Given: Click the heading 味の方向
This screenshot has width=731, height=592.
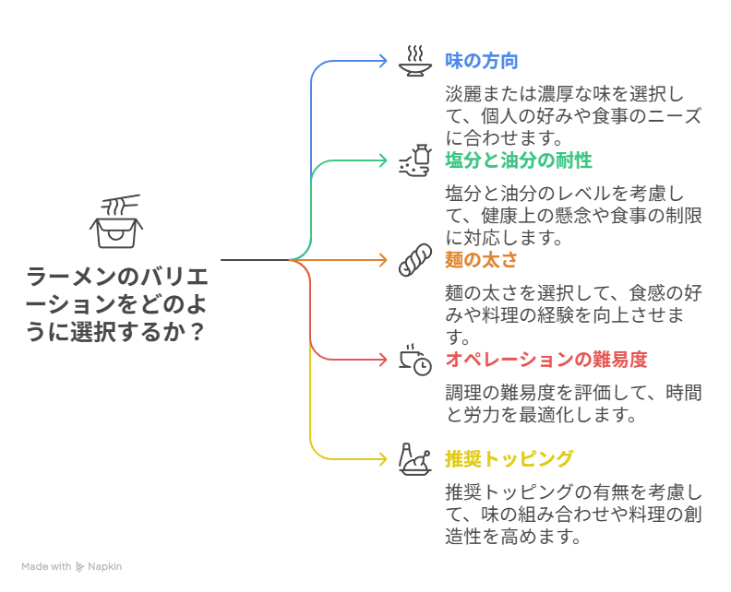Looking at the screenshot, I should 481,61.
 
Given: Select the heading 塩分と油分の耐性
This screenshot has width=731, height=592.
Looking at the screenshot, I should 519,160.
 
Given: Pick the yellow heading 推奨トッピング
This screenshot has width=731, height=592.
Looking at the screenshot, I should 509,459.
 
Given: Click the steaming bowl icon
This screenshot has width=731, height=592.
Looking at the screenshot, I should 415,60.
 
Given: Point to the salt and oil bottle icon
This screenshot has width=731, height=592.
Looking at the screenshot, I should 415,160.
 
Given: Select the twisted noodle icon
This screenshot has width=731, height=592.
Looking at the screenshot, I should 415,260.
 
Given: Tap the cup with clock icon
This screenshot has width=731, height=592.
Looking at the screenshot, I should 415,360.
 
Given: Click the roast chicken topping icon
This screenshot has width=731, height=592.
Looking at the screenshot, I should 415,458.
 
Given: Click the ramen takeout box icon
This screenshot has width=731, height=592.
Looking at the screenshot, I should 116,221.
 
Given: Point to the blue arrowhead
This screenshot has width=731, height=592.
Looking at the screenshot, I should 383,61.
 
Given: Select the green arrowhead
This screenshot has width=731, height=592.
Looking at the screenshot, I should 383,160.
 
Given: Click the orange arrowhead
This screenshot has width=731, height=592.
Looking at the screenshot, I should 383,260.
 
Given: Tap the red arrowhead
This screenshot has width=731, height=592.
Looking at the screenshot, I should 383,360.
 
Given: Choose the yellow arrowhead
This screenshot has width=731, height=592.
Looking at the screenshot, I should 383,458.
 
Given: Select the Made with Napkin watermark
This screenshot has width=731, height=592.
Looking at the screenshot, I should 72,566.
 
